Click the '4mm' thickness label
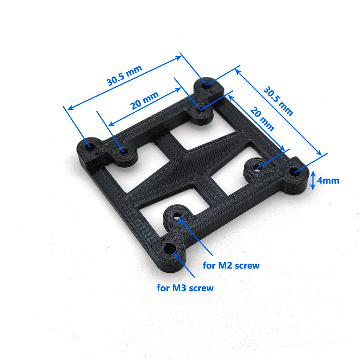pos(328,180)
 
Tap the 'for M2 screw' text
pos(231,266)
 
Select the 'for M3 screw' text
pos(185,288)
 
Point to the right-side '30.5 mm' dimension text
pos(278,100)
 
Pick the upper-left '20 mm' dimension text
pos(144,100)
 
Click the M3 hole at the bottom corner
pos(169,248)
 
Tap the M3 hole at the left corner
pos(89,147)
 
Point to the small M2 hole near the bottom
pos(177,217)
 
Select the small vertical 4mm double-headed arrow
pos(313,180)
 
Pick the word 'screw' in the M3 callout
pos(201,288)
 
